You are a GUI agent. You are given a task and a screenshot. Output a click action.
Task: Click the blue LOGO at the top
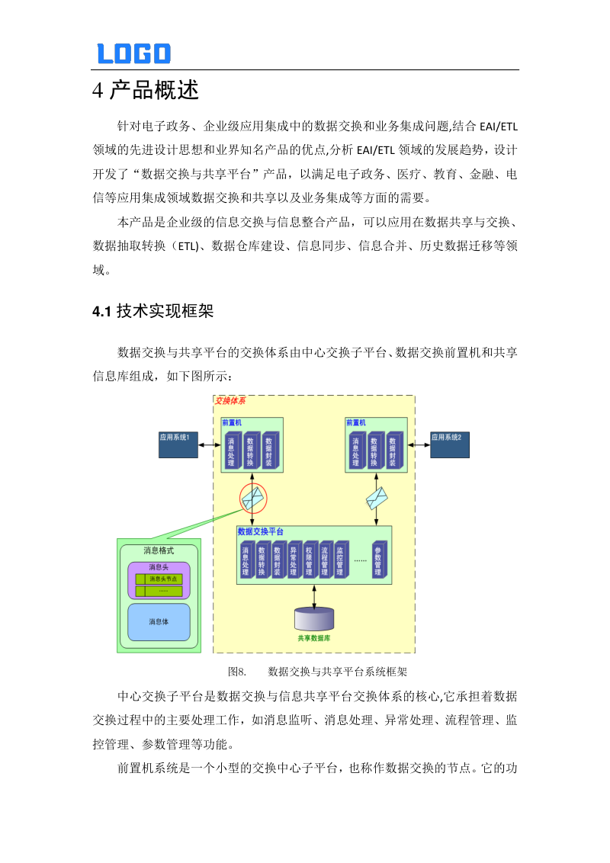click(x=133, y=53)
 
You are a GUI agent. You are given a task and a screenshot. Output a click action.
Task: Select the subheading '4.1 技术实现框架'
click(x=152, y=311)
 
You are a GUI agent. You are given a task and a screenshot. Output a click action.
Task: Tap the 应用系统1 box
click(x=178, y=444)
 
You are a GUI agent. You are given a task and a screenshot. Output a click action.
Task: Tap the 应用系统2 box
click(x=450, y=444)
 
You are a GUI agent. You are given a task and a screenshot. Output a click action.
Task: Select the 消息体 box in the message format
click(x=159, y=621)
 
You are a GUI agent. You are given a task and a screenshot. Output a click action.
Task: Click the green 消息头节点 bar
click(x=159, y=579)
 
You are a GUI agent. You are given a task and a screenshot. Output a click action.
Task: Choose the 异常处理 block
click(x=294, y=561)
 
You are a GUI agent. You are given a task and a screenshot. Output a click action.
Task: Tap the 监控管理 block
click(x=340, y=561)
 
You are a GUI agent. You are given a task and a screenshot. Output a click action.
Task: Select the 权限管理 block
click(x=309, y=561)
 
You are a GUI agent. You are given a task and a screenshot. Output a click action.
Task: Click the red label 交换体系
click(x=230, y=400)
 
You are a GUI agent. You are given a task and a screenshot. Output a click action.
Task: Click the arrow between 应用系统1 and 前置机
click(x=210, y=444)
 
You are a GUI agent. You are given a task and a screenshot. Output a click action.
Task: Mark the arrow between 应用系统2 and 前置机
click(x=419, y=444)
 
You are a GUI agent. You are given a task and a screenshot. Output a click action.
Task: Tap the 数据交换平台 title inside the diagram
click(x=261, y=531)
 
